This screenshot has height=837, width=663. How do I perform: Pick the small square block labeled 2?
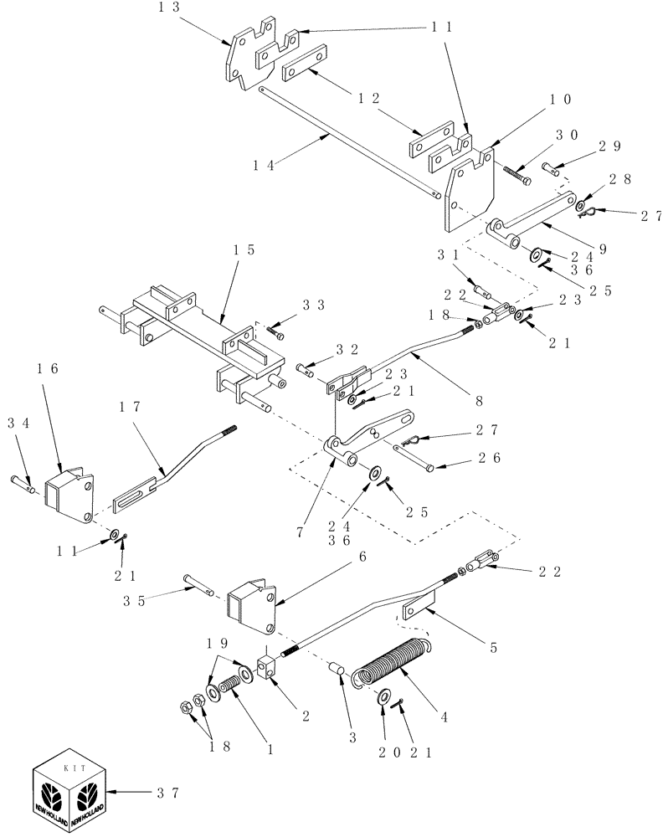click(268, 669)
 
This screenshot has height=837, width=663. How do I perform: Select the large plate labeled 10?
click(470, 190)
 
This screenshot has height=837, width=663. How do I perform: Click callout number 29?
click(585, 145)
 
